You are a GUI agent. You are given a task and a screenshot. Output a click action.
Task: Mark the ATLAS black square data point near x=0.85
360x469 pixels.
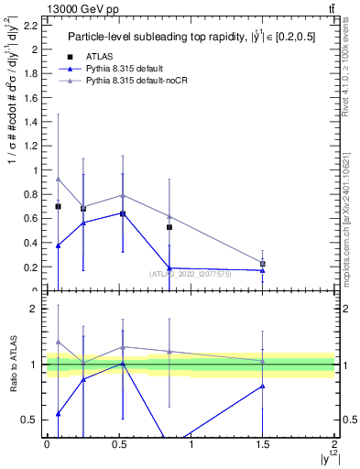[169, 227]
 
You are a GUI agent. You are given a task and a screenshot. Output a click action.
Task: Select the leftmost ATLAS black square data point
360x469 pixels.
[58, 207]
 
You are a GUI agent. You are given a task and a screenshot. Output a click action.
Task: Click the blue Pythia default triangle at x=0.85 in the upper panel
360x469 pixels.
[169, 268]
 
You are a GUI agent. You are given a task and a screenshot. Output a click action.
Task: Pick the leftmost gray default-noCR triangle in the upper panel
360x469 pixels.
[58, 180]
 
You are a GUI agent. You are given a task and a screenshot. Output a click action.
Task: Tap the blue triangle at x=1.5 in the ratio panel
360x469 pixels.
[263, 386]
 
